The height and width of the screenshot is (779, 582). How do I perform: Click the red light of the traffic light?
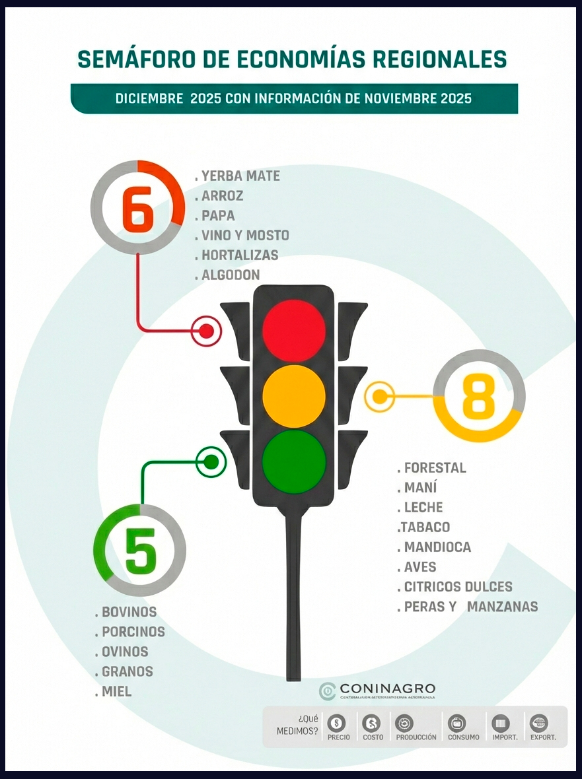(294, 330)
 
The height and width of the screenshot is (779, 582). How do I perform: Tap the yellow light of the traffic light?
(294, 396)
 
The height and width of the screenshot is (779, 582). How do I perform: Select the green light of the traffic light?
(294, 461)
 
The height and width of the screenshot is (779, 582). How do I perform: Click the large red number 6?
(138, 208)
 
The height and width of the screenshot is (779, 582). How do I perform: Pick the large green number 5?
(140, 551)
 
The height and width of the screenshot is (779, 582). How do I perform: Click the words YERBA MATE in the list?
(240, 176)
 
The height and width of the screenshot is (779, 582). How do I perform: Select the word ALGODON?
(231, 275)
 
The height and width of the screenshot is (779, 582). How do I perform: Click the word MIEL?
(116, 691)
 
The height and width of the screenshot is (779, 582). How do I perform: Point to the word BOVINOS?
(129, 612)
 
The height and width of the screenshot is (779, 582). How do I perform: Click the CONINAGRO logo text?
(387, 689)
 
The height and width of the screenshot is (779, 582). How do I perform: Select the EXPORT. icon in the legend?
(540, 723)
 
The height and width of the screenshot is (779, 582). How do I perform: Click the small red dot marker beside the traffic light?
(206, 331)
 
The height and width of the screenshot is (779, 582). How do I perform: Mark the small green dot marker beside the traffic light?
(211, 462)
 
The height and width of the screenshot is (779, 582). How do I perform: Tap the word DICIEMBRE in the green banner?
(149, 98)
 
